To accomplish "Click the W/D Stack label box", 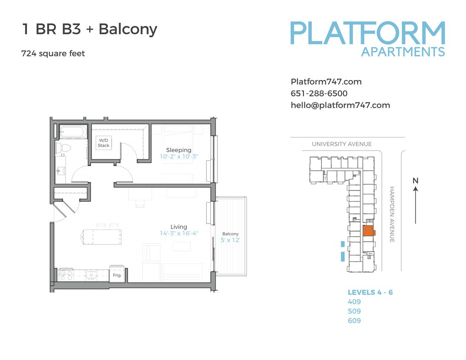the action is click(x=103, y=143).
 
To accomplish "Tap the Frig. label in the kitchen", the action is click(x=117, y=275).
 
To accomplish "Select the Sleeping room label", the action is click(x=178, y=150).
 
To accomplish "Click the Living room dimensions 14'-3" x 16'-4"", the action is click(x=179, y=233).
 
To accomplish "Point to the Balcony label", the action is click(x=230, y=234).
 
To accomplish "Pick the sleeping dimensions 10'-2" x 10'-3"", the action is click(x=179, y=157).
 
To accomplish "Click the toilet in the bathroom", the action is click(x=62, y=147).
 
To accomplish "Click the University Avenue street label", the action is click(x=341, y=144).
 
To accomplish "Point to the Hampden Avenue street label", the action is click(x=392, y=214).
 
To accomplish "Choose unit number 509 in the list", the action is click(x=354, y=311).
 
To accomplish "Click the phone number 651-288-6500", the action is click(x=319, y=94).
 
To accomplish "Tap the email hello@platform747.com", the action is click(x=340, y=105).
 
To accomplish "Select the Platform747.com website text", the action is click(x=326, y=82).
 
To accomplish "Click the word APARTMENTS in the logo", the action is click(x=402, y=52).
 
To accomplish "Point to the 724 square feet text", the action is click(x=53, y=54).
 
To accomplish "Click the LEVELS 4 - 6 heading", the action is click(x=370, y=292).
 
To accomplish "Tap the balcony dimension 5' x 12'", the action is click(x=230, y=240).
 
